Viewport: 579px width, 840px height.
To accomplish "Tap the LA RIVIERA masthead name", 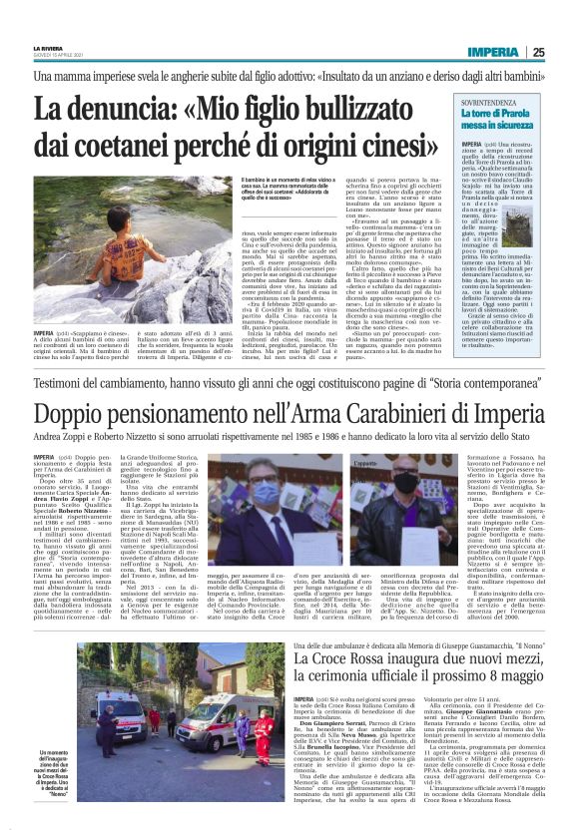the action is pyautogui.click(x=47, y=47).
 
